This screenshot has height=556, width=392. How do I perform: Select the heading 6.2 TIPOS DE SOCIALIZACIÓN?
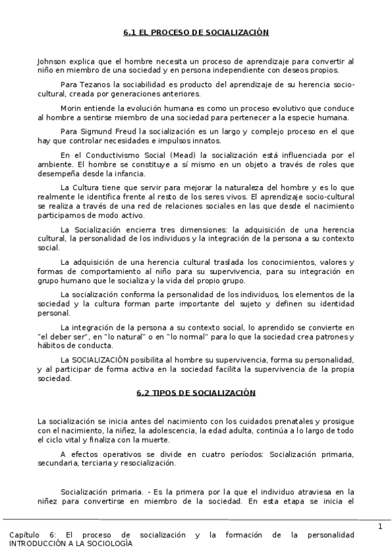point(196,393)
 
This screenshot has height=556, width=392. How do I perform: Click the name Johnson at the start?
point(52,60)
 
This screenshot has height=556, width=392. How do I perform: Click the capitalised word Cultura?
point(86,188)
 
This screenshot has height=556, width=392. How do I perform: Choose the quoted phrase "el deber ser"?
point(60,336)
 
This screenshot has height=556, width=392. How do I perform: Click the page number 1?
point(380,527)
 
